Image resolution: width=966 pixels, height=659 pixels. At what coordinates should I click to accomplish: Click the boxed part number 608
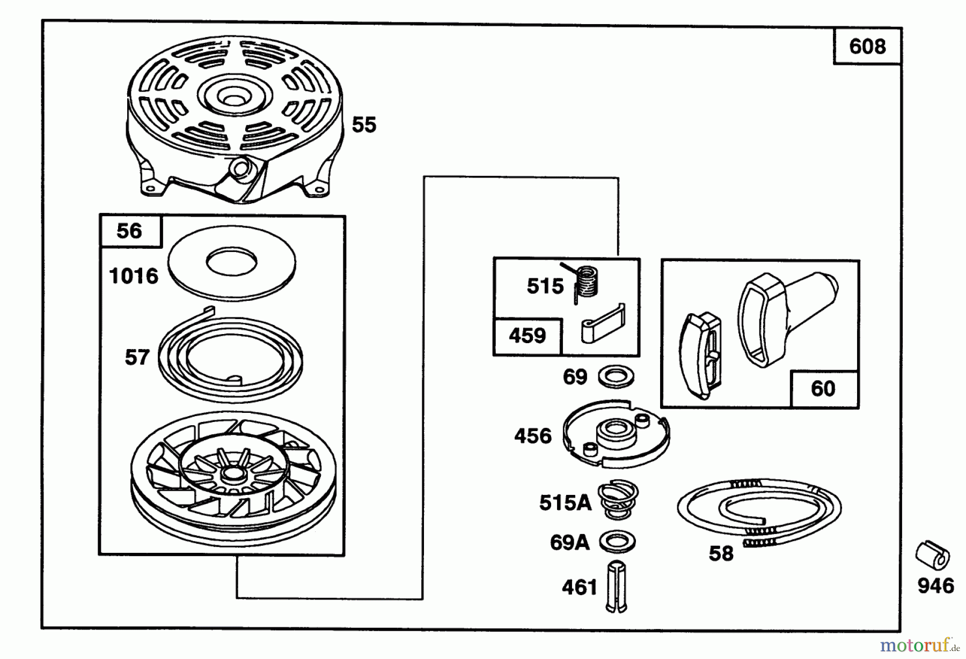[867, 47]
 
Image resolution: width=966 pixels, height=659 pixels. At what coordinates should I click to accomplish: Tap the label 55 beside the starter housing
[364, 125]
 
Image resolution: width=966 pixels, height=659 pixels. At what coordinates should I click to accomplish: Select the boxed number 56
[129, 231]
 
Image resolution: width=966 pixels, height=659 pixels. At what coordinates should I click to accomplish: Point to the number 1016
[134, 276]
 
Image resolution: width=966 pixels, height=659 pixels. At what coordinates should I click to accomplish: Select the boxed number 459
[527, 336]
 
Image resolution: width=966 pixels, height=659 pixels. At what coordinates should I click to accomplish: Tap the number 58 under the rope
[721, 553]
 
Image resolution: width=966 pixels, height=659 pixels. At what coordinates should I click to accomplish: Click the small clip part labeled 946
[933, 556]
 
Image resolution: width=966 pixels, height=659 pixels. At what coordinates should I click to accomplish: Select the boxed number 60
[823, 388]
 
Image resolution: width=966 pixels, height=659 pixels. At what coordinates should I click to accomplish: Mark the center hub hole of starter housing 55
[232, 100]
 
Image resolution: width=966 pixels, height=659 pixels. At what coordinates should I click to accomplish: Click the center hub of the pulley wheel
[232, 473]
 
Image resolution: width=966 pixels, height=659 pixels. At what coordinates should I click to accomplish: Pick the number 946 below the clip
[936, 586]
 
